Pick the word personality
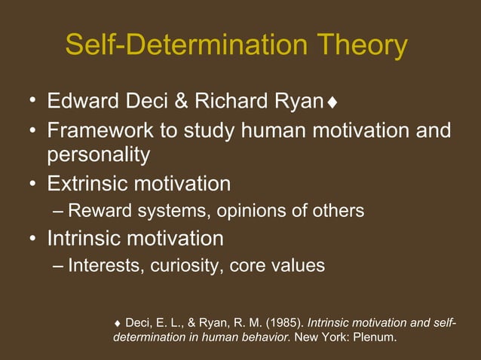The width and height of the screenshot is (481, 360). click(x=98, y=155)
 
